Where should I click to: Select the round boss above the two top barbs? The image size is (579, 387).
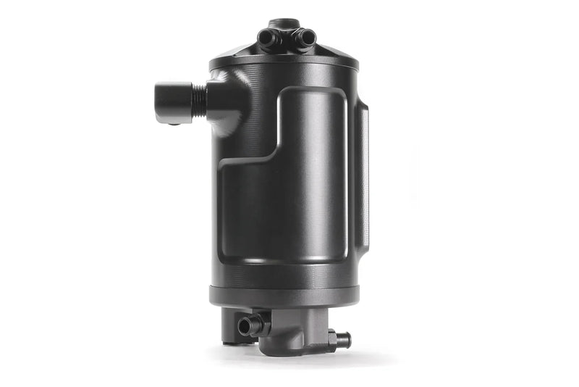click(285, 24)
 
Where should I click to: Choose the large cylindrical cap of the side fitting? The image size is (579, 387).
click(172, 102)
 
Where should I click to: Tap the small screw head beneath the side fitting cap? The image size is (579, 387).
click(174, 124)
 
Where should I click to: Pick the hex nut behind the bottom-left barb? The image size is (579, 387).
click(260, 323)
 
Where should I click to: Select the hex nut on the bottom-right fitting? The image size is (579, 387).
click(334, 337)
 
